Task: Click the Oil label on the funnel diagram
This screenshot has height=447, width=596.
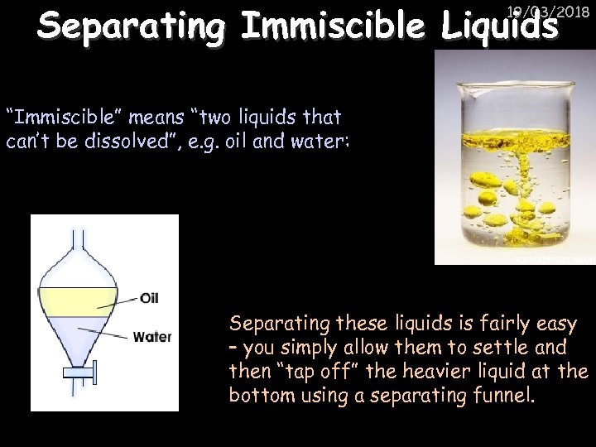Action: (x=150, y=297)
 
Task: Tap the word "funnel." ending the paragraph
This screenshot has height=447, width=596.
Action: (x=504, y=395)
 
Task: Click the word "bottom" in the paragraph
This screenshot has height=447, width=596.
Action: (x=261, y=395)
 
